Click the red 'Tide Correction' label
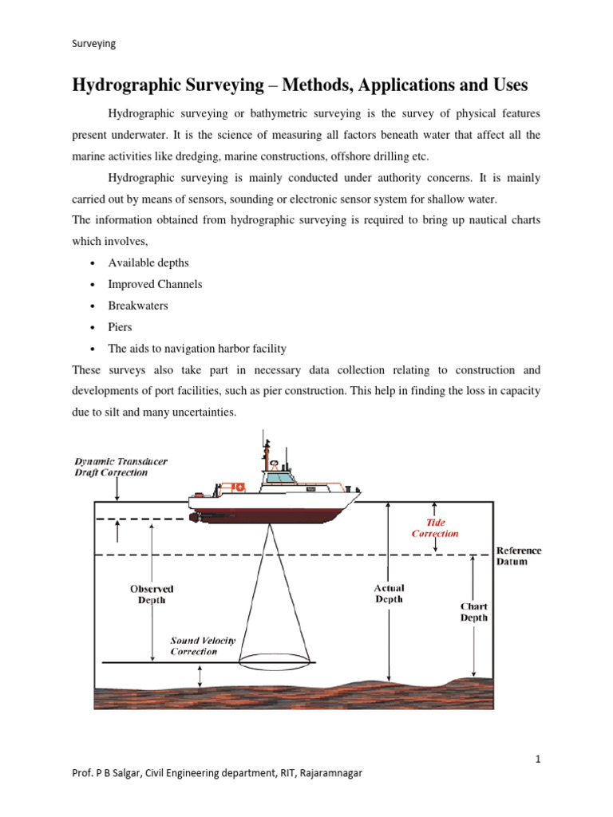(435, 527)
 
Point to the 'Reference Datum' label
(518, 556)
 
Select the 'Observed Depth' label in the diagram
(152, 594)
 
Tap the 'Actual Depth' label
(390, 593)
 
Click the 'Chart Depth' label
(474, 611)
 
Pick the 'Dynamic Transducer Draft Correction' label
(121, 467)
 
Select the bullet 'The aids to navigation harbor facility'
(197, 349)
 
